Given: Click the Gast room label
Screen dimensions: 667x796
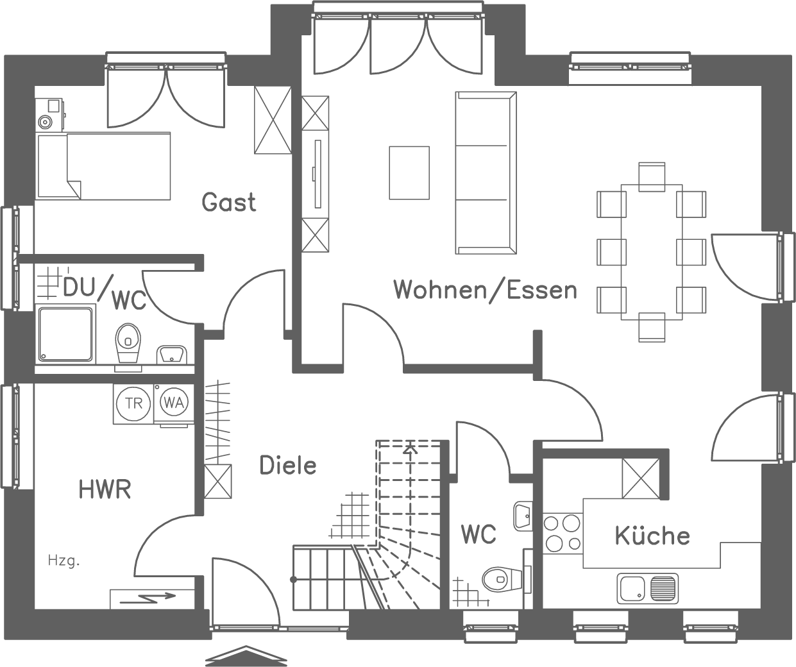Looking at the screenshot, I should [229, 202].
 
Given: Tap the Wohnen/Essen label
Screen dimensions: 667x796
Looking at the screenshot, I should [485, 290].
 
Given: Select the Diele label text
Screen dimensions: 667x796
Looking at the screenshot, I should [288, 465].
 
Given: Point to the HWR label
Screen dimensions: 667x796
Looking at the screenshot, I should [105, 490].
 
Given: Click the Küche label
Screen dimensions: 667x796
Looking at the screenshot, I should [652, 536].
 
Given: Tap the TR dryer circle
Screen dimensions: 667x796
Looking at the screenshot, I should [133, 403].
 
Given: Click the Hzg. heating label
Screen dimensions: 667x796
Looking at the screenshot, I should [64, 561].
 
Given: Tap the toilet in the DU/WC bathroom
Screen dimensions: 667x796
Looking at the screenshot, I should [128, 343].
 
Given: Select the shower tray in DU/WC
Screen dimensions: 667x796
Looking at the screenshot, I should [66, 334].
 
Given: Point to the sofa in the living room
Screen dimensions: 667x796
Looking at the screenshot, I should [486, 173].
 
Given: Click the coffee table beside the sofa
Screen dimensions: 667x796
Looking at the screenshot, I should [409, 173].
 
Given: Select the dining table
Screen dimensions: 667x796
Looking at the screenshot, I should [652, 251].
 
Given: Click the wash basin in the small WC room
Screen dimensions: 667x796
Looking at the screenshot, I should [523, 516].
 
